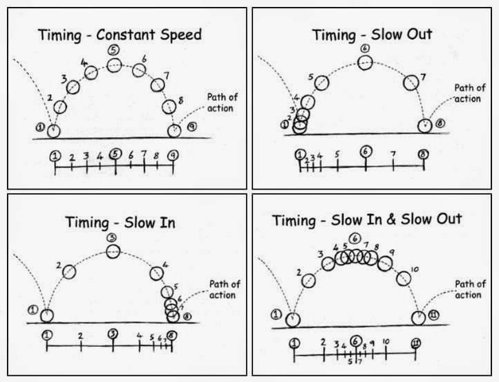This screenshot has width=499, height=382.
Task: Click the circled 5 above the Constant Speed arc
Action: (115, 48)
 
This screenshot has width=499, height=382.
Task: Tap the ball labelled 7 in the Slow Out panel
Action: (411, 82)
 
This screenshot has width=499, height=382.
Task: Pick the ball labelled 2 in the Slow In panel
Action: (69, 271)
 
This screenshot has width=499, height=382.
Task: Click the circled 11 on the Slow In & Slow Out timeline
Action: (416, 343)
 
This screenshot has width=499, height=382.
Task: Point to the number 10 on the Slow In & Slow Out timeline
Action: (386, 342)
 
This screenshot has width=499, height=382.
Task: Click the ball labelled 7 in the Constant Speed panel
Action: (159, 85)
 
